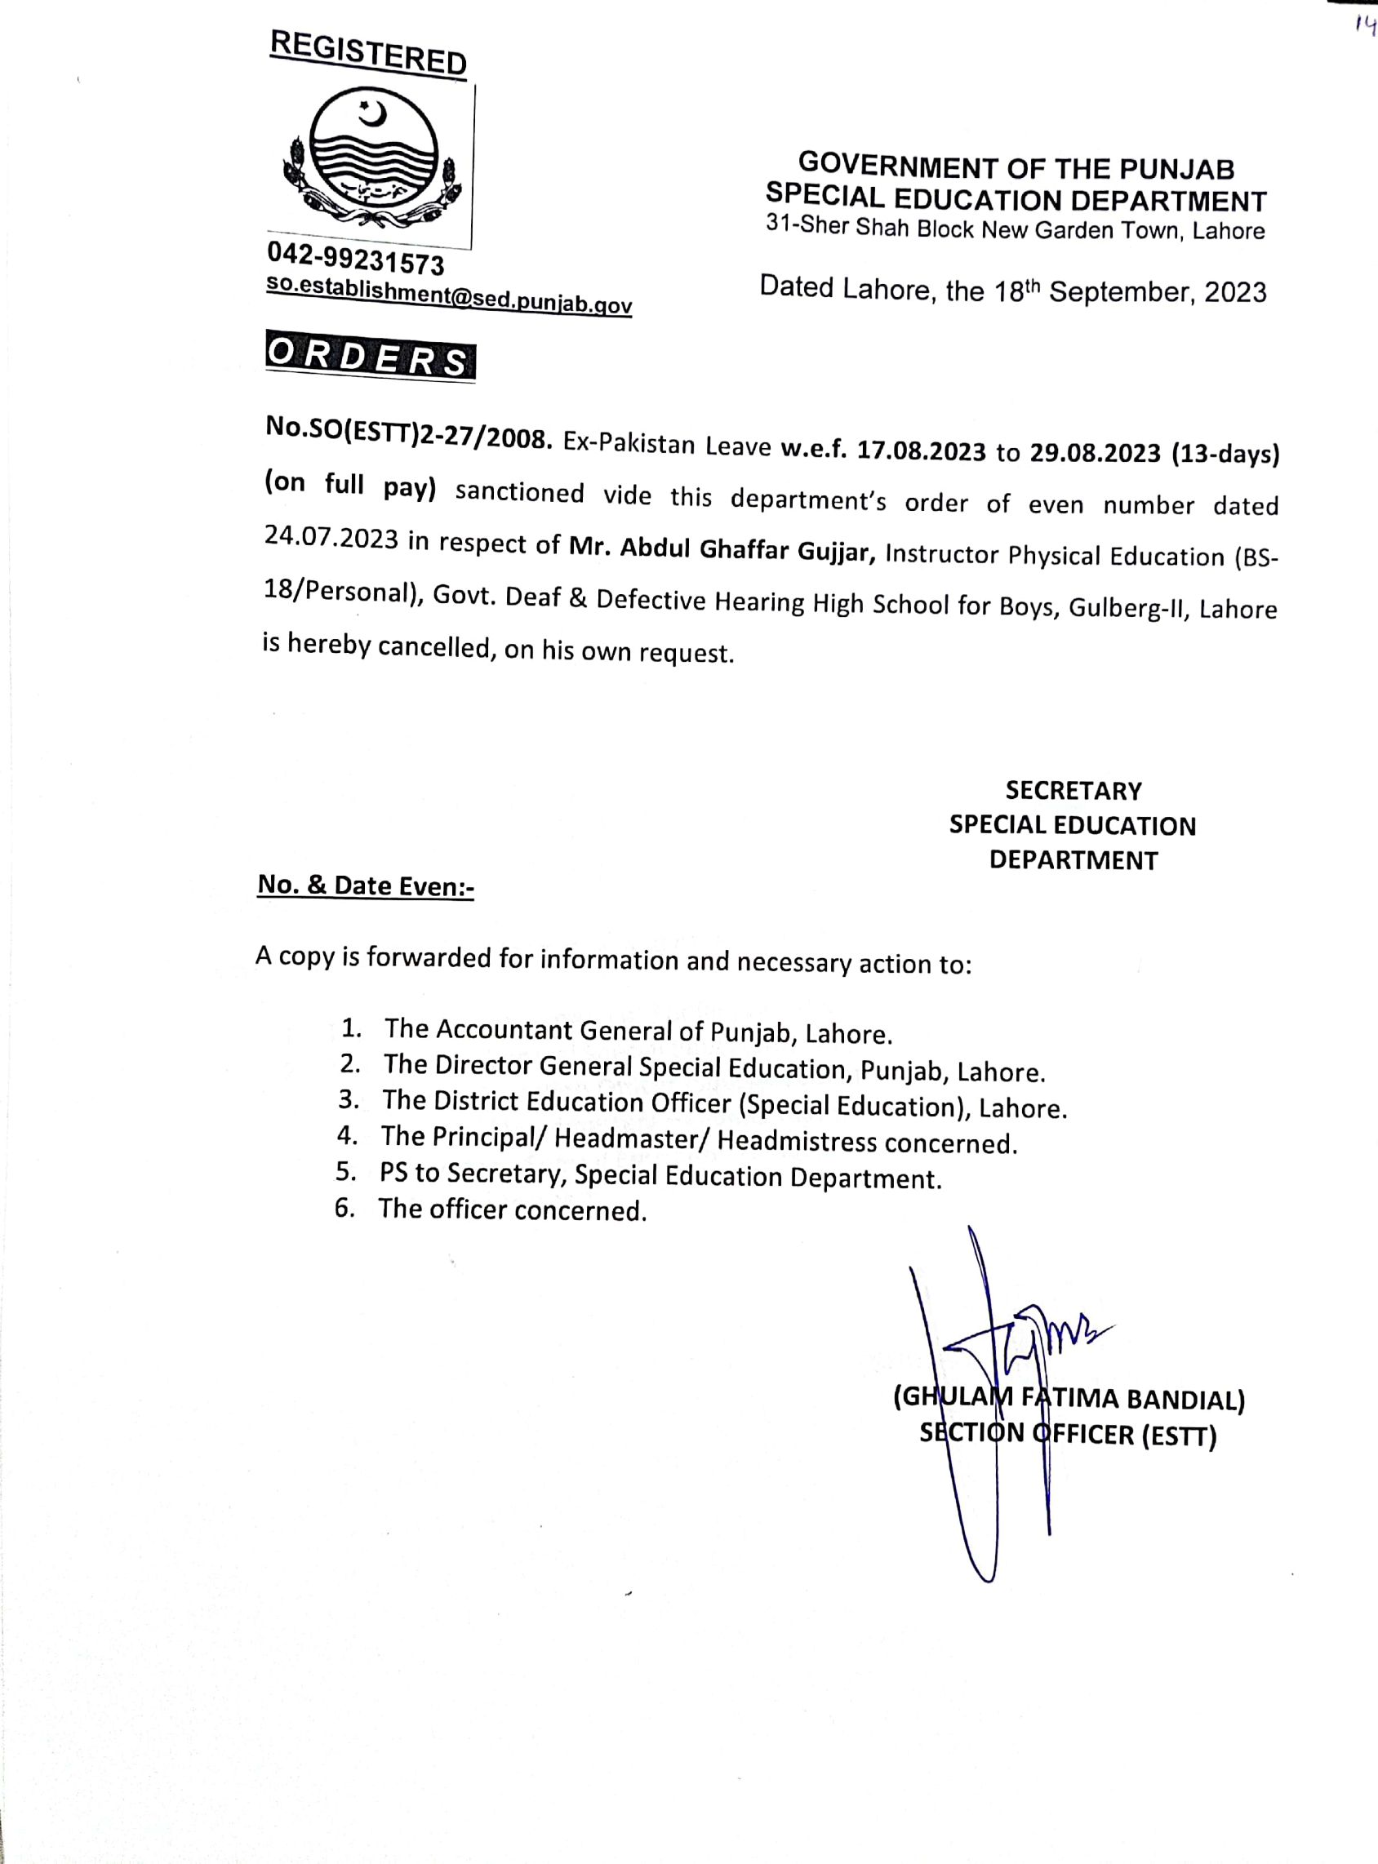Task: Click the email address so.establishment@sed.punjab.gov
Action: pyautogui.click(x=449, y=295)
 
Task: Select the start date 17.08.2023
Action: pyautogui.click(x=922, y=451)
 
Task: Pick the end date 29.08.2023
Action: pyautogui.click(x=1095, y=453)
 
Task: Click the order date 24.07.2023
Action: pyautogui.click(x=331, y=538)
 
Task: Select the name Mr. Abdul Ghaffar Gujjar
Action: pyautogui.click(x=722, y=549)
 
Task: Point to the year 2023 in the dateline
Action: pyautogui.click(x=1234, y=292)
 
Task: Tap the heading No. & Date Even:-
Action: pyautogui.click(x=366, y=885)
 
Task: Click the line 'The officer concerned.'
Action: pyautogui.click(x=512, y=1209)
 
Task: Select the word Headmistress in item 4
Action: pyautogui.click(x=796, y=1140)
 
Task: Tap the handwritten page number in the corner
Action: pyautogui.click(x=1365, y=26)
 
